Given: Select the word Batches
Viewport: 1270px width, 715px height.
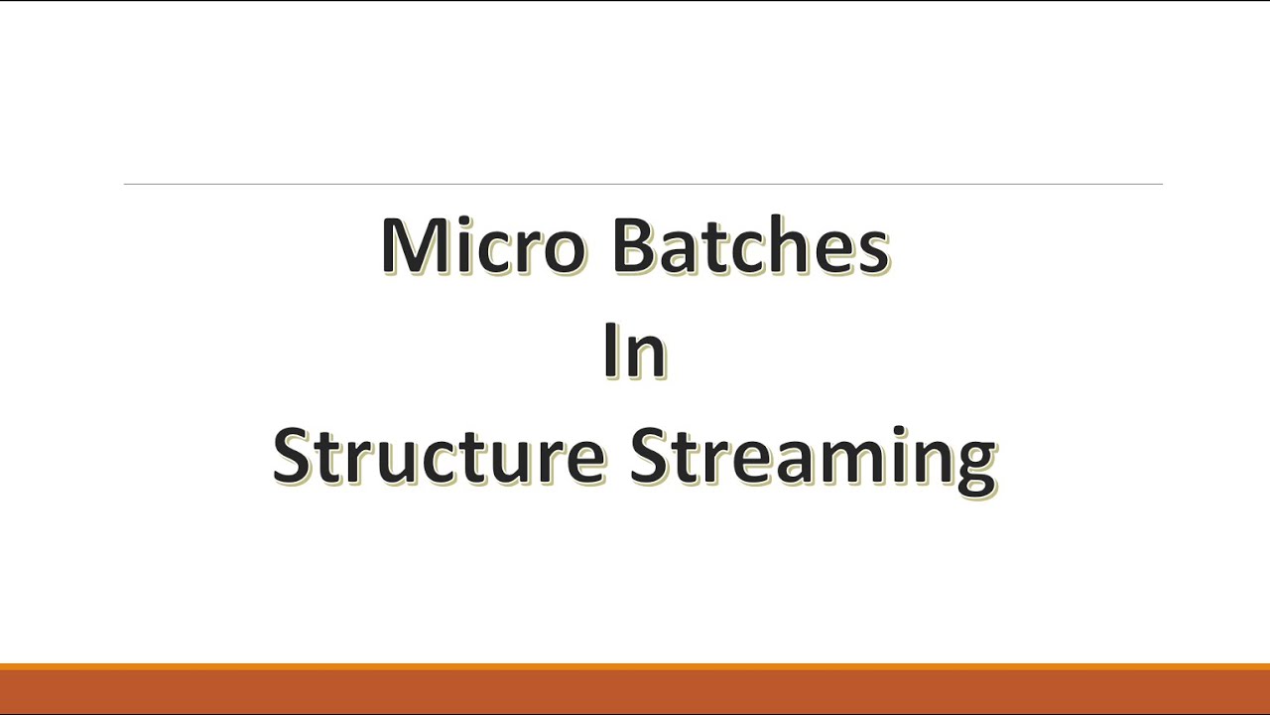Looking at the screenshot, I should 750,246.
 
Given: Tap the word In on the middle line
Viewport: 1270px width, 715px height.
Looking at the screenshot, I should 635,352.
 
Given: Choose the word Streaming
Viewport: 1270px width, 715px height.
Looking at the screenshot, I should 813,458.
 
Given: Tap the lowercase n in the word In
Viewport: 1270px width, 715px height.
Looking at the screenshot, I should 648,358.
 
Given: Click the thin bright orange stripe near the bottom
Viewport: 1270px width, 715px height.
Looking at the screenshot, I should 635,666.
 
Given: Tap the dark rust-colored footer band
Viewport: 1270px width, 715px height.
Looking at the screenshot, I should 635,691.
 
